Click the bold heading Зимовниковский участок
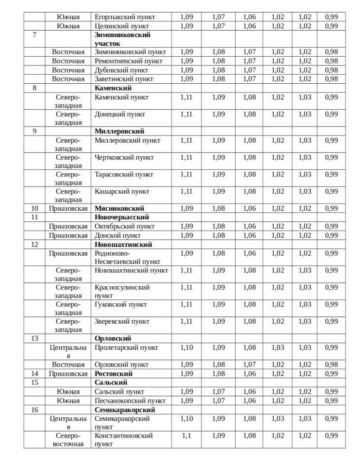[x=122, y=39]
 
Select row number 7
[x=35, y=35]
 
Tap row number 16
[x=35, y=410]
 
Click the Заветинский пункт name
[x=124, y=79]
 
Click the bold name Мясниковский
[x=119, y=208]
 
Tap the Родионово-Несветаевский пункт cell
[x=128, y=257]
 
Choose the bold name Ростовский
[x=114, y=374]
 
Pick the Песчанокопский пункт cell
[x=130, y=401]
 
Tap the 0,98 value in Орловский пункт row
[x=331, y=365]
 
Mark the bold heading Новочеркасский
[x=122, y=217]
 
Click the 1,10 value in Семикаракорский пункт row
[x=187, y=419]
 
